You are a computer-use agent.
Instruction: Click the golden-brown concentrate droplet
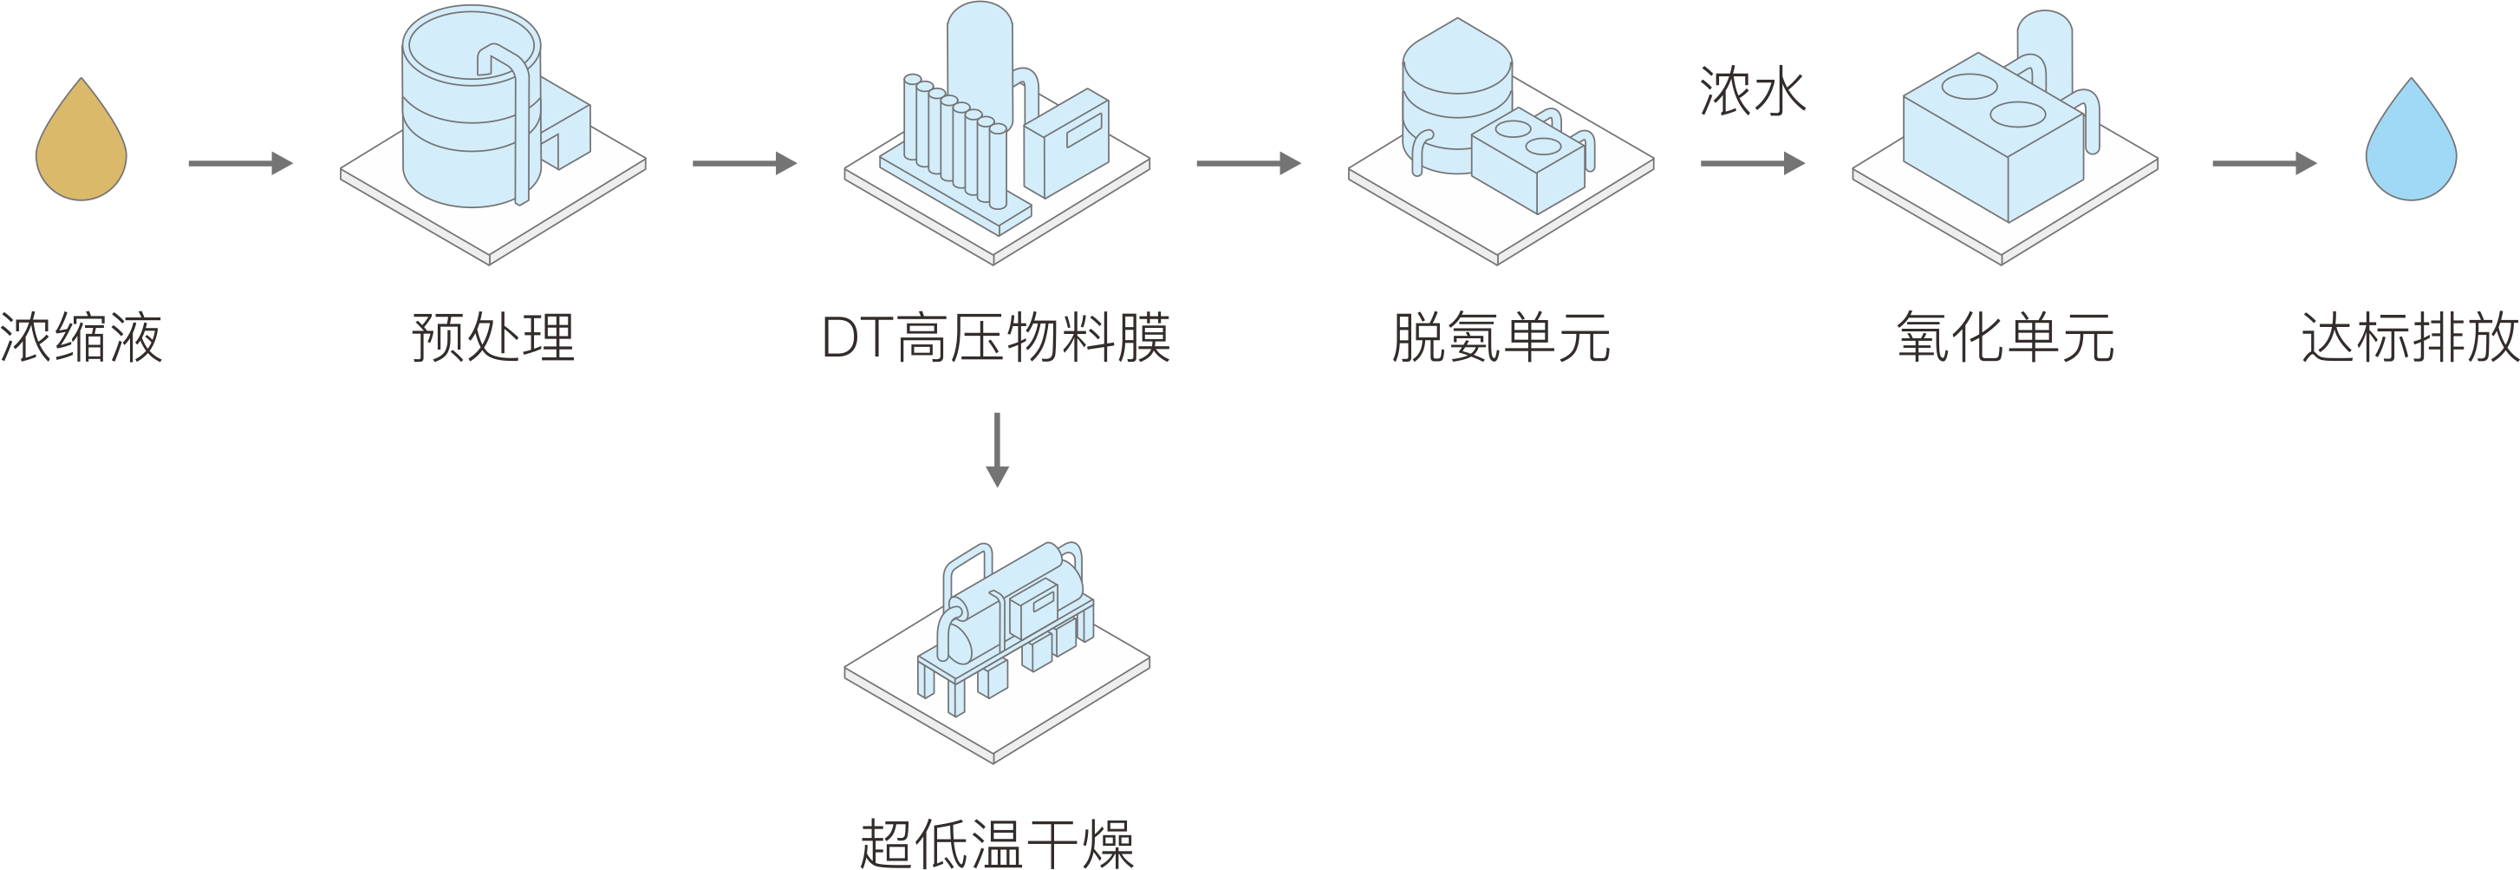coord(81,147)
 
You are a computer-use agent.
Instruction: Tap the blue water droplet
coord(2411,147)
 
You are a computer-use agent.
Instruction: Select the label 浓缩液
coord(81,338)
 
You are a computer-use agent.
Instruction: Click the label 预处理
coord(493,338)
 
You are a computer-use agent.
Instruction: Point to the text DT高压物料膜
coord(996,338)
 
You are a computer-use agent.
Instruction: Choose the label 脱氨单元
coord(1501,338)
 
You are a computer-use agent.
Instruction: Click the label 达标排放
coord(2409,338)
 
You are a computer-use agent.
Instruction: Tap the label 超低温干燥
coord(996,844)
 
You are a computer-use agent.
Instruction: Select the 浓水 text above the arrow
coord(1752,93)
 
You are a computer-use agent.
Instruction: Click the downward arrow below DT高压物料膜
coord(996,449)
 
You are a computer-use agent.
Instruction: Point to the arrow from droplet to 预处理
coord(239,163)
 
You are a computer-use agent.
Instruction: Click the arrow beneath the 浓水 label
coord(1752,163)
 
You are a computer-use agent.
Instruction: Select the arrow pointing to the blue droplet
coord(2263,163)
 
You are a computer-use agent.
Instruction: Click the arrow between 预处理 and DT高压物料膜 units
coord(745,163)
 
